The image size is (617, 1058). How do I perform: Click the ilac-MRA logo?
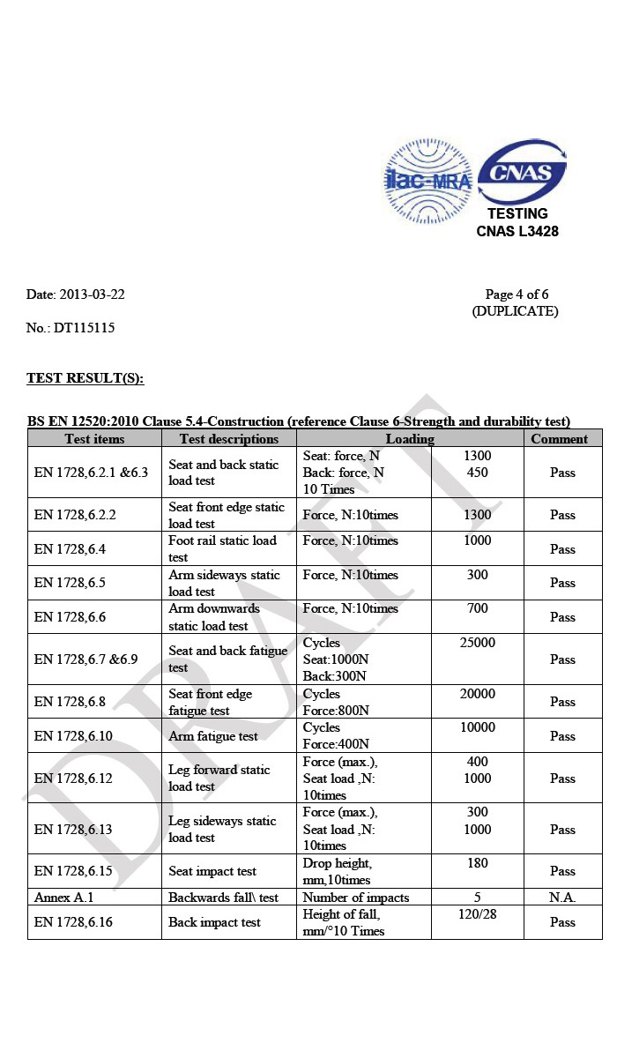[x=428, y=183]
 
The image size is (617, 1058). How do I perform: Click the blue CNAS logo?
[x=522, y=171]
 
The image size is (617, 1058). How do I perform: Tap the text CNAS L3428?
[x=517, y=232]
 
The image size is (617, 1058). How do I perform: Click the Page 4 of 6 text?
[x=523, y=294]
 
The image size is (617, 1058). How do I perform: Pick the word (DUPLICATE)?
[x=515, y=311]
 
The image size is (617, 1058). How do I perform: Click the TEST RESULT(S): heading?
[x=85, y=378]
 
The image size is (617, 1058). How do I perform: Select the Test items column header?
[x=94, y=439]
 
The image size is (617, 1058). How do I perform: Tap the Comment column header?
[x=559, y=439]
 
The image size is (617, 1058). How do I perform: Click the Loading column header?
[x=410, y=439]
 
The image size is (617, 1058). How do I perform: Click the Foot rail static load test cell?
[x=222, y=548]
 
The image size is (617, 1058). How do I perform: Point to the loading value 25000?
[x=478, y=643]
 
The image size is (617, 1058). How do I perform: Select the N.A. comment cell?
[x=561, y=898]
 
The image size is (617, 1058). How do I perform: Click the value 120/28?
[x=478, y=914]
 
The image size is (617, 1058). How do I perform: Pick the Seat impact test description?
[x=212, y=871]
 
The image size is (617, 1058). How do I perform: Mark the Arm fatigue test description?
[x=213, y=736]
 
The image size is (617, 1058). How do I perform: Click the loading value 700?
[x=478, y=609]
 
